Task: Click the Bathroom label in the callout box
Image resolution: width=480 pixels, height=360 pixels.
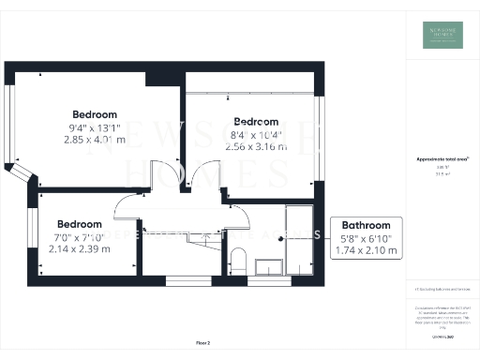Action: (366, 226)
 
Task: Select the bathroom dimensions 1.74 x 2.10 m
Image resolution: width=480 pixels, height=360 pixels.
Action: (366, 250)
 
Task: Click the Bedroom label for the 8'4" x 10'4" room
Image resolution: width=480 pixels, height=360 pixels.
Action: (256, 122)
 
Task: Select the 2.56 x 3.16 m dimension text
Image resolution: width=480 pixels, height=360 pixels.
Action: (256, 147)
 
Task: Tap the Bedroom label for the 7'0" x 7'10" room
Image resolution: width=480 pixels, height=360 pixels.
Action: (80, 224)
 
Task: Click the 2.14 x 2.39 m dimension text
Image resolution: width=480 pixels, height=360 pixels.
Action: (80, 249)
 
